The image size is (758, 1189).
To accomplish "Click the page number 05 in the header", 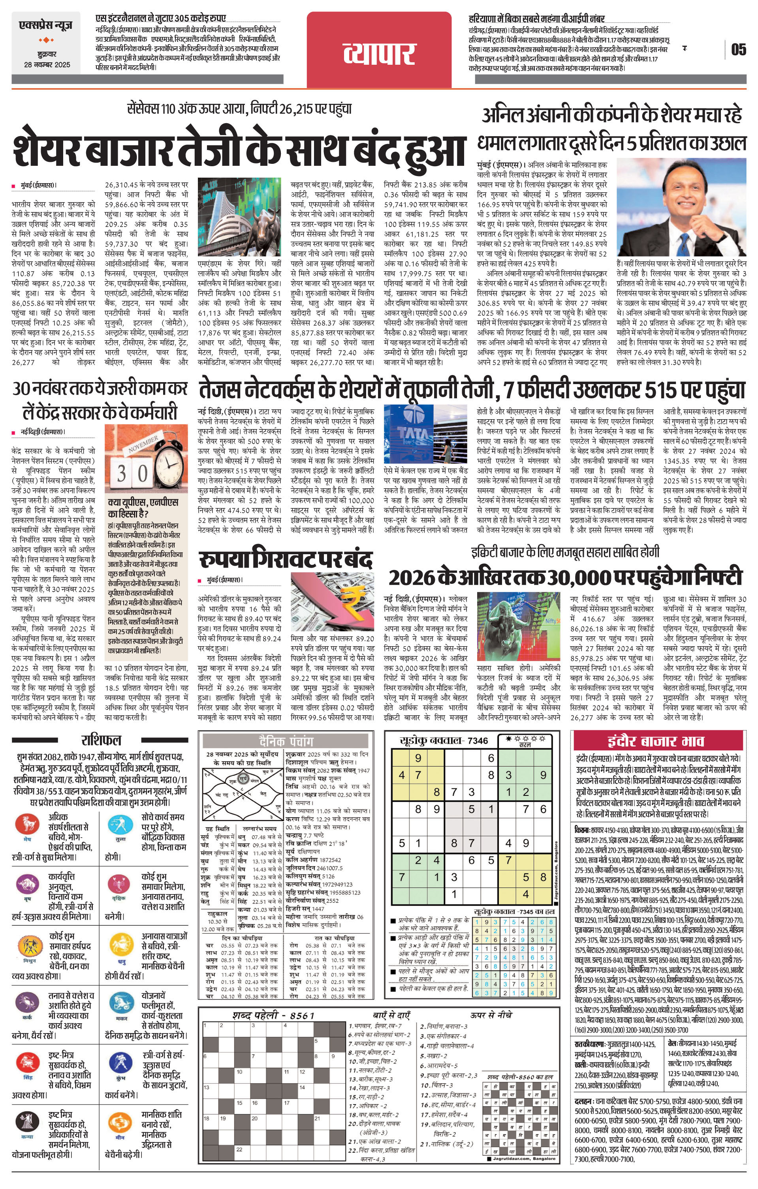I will (738, 49).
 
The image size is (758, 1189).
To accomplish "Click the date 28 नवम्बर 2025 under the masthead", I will (47, 65).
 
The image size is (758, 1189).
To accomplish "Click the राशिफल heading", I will (101, 740).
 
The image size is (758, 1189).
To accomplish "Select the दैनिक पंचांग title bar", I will (286, 741).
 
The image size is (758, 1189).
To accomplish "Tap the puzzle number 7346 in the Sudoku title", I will (477, 741).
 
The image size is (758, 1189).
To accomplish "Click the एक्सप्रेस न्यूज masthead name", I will (45, 25).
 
